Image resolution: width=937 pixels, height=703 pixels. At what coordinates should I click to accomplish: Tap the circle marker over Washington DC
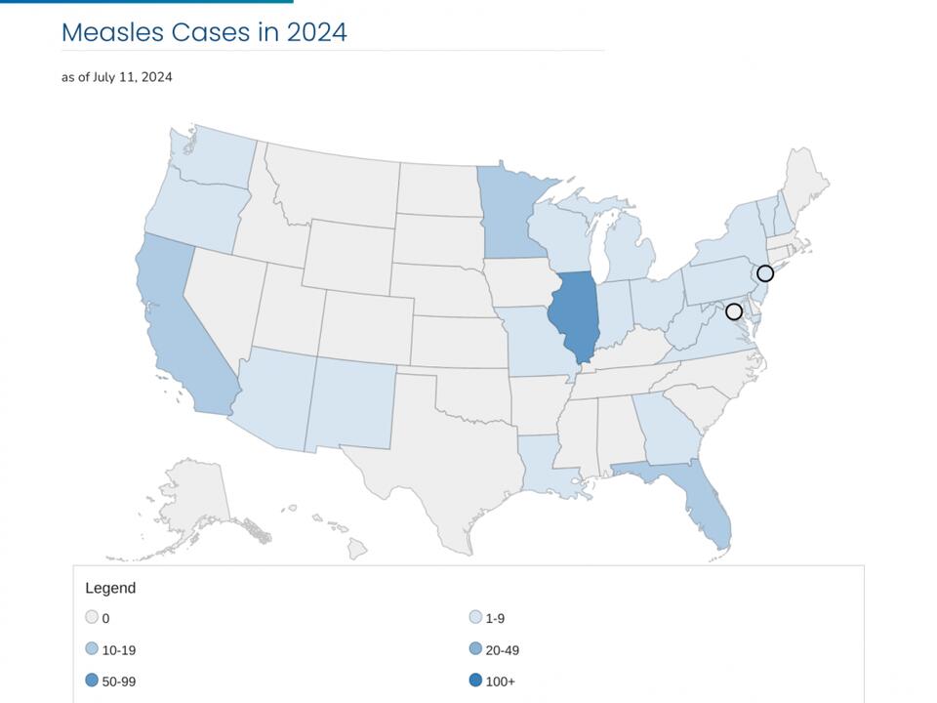[734, 311]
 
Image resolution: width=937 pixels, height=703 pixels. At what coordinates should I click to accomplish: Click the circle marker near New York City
[765, 273]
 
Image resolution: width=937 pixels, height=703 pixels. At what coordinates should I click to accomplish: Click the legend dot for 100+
[475, 681]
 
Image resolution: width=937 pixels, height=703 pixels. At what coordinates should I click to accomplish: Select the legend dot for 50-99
[92, 681]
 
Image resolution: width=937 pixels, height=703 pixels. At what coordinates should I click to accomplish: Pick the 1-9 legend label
[495, 618]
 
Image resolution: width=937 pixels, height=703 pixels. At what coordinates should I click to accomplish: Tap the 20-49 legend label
[503, 649]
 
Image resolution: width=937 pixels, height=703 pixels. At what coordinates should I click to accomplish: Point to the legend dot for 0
[92, 617]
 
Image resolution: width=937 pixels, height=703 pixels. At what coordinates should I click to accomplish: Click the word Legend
[110, 588]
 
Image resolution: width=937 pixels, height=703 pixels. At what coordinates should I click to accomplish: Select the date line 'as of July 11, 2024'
[117, 77]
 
